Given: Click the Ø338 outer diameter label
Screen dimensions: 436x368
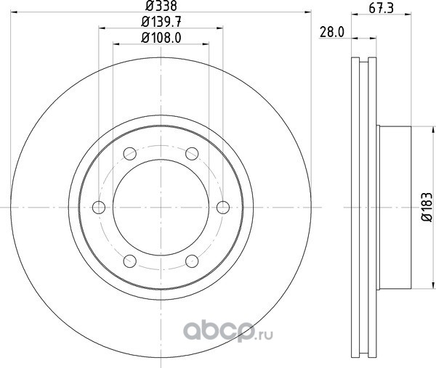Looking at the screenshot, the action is (161, 6).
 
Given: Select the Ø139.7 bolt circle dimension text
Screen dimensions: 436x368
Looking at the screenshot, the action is (161, 22).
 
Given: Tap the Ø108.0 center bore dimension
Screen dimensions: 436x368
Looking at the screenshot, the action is (161, 38).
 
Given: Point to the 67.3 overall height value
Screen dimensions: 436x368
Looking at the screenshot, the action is (381, 8).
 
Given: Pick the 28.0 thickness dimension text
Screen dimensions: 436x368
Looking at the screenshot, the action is (332, 32).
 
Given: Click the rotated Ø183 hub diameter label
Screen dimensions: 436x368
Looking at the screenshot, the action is (427, 207).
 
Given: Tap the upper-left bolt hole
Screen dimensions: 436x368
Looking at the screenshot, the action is (130, 154).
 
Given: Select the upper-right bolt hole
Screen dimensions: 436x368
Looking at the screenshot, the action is (192, 154).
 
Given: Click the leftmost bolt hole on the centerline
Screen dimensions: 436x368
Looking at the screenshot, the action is (99, 208).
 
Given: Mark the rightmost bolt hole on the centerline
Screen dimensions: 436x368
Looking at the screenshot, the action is (223, 208).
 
